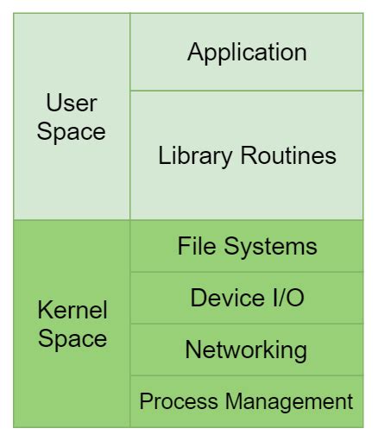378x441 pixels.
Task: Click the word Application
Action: pyautogui.click(x=247, y=52)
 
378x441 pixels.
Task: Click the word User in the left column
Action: pyautogui.click(x=72, y=104)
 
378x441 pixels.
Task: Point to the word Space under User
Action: pyautogui.click(x=72, y=132)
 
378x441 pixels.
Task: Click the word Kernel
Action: pyautogui.click(x=72, y=311)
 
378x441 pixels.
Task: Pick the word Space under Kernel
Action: pyautogui.click(x=72, y=338)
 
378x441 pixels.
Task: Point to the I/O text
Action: pyautogui.click(x=285, y=298)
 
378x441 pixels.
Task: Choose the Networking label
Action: pyautogui.click(x=246, y=350)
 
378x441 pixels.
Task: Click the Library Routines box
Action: pyautogui.click(x=247, y=194)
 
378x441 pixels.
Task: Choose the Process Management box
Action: pyautogui.click(x=247, y=418)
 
